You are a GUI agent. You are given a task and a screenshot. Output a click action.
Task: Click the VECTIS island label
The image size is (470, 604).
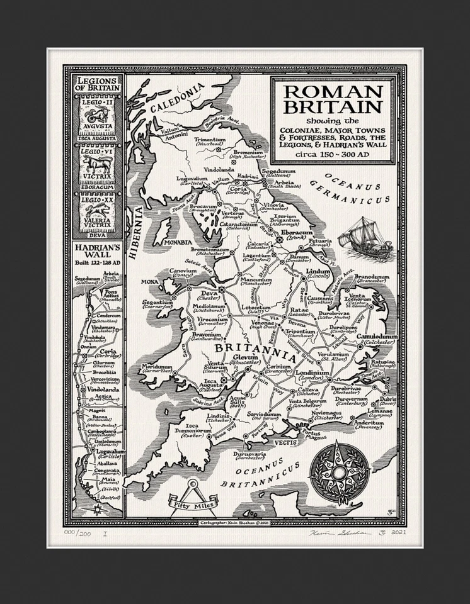(285, 443)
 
